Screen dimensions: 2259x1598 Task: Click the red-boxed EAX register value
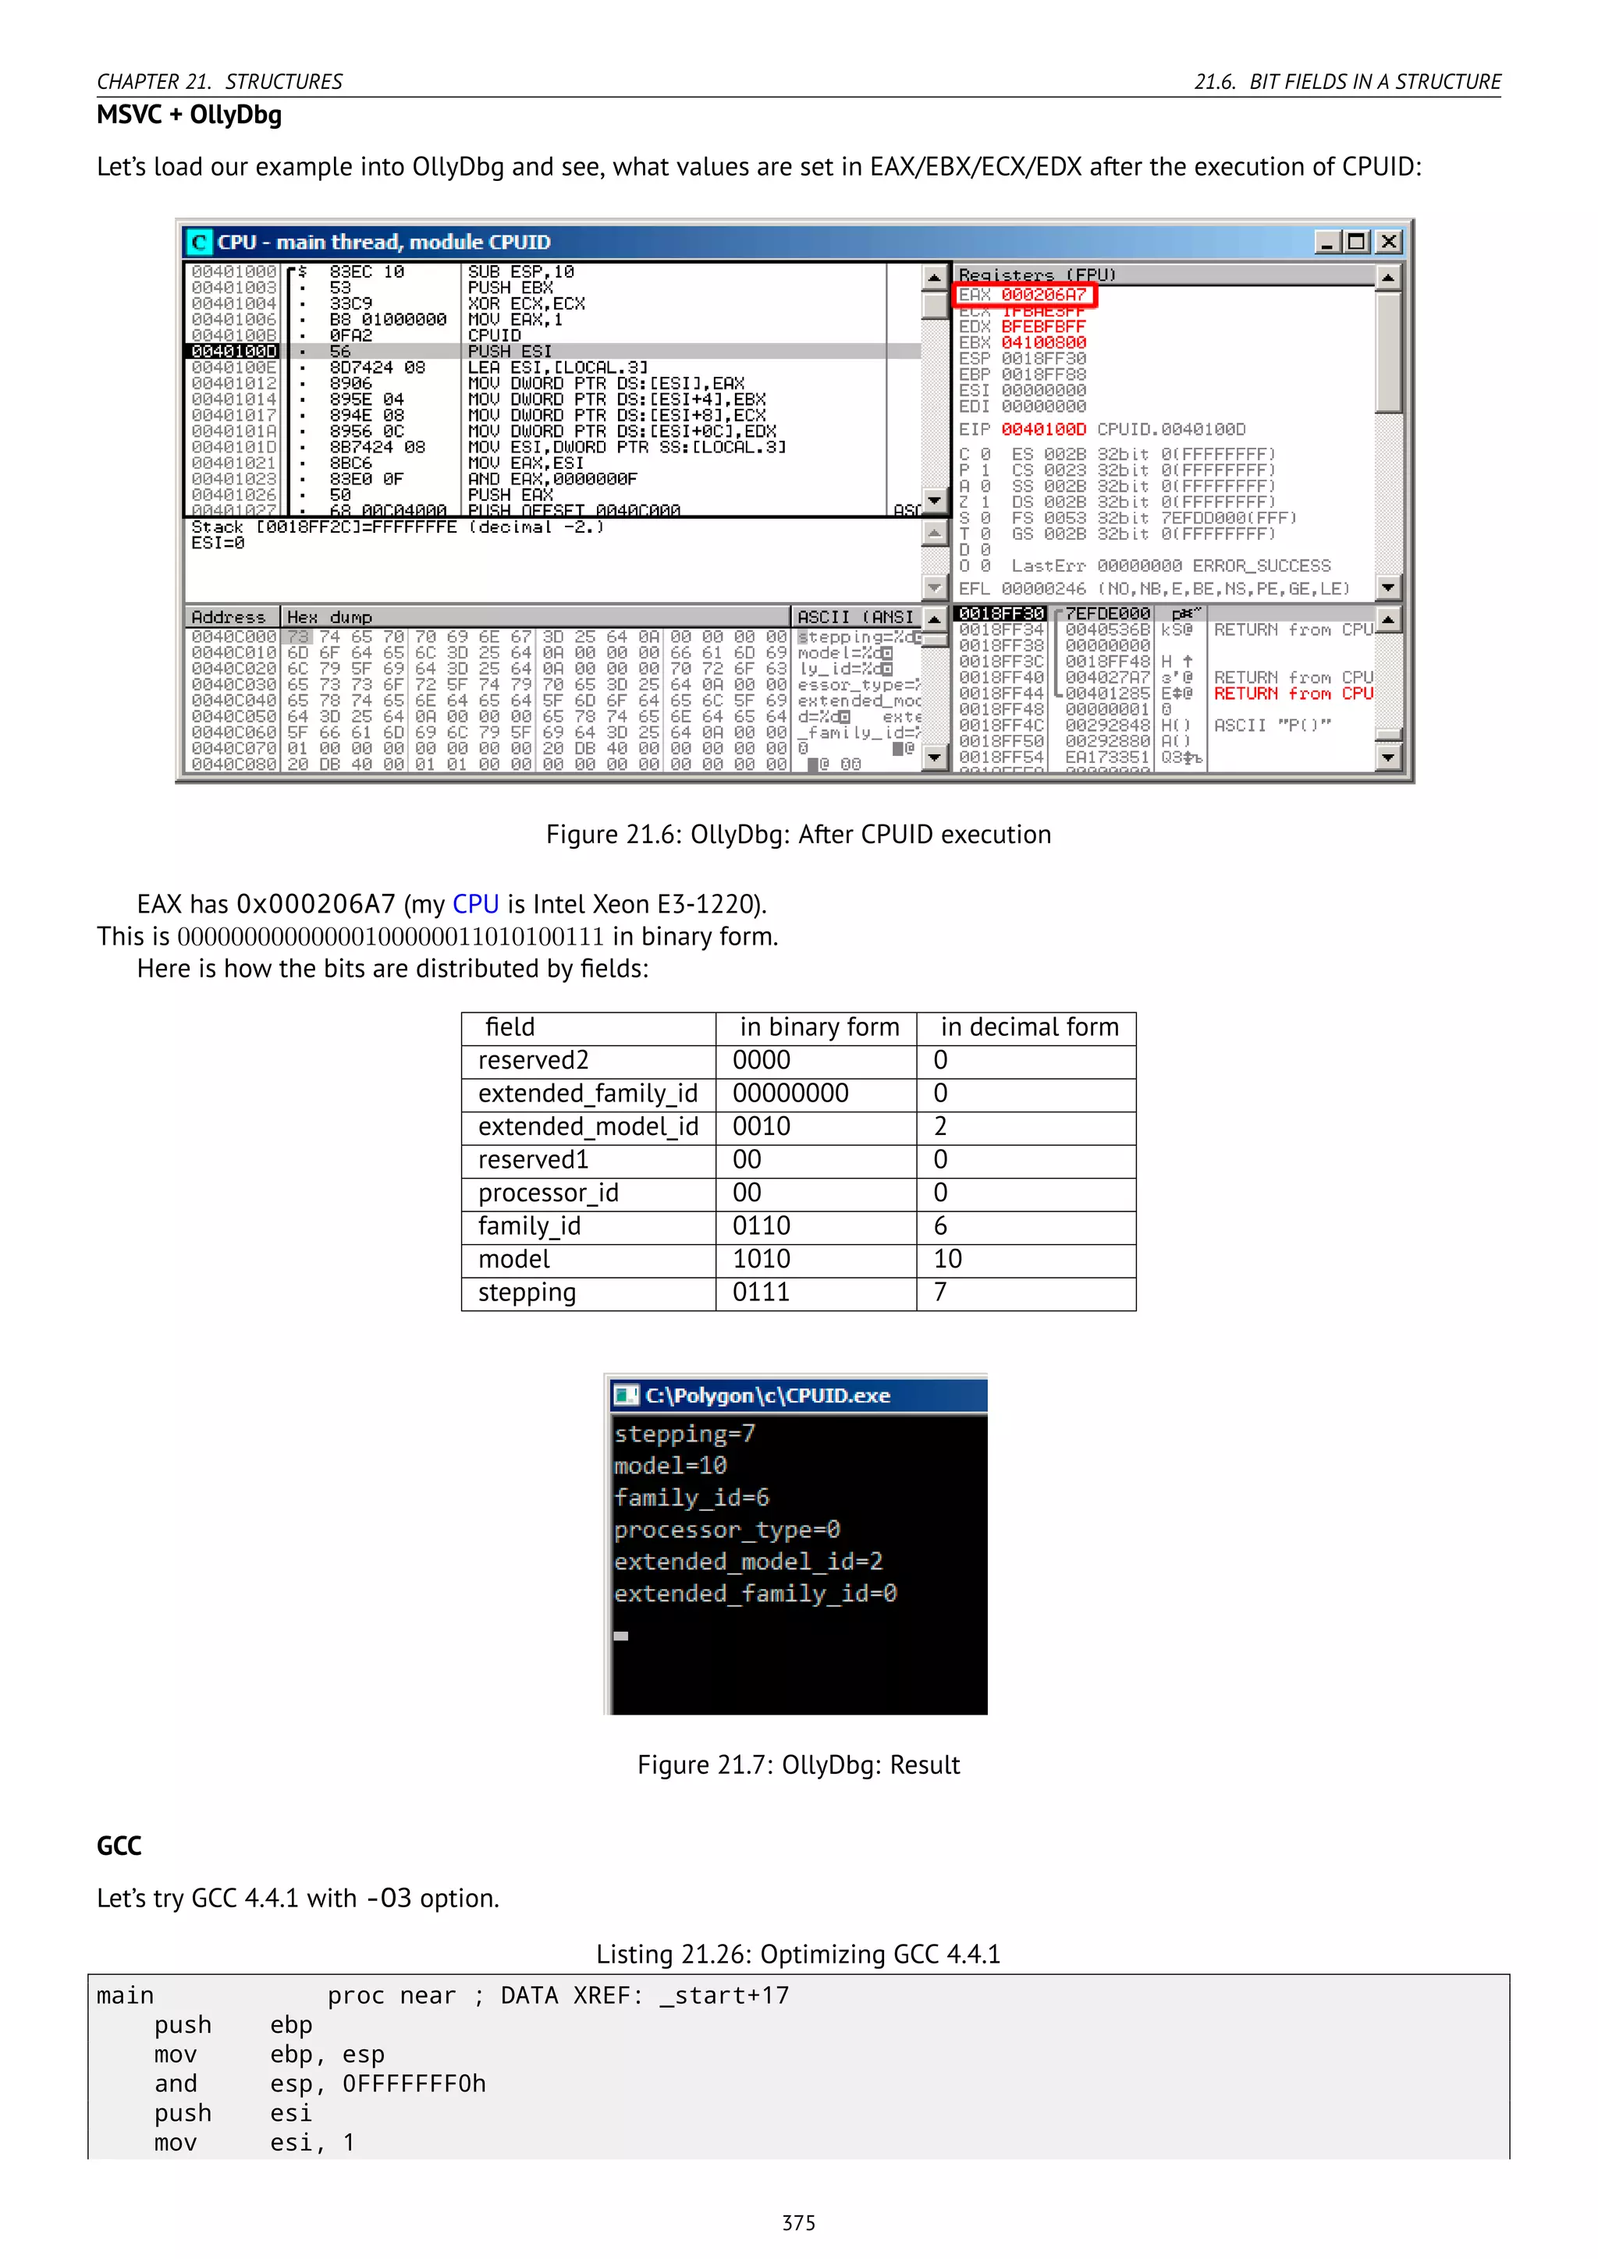coord(1043,294)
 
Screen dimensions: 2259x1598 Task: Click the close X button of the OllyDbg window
coord(1388,242)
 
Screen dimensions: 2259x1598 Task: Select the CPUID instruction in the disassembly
coord(494,335)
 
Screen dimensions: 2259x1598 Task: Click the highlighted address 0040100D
coord(234,351)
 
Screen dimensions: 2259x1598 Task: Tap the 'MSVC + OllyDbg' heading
coord(189,115)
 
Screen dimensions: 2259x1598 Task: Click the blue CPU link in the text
coord(475,904)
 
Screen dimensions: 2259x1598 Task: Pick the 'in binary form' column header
coord(819,1027)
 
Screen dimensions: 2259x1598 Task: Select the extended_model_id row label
coord(588,1126)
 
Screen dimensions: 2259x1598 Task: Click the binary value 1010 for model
coord(761,1259)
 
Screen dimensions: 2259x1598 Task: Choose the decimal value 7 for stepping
coord(941,1292)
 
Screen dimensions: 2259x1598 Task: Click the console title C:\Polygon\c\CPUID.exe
coord(768,1395)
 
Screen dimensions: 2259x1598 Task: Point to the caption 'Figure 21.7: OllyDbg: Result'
coord(798,1765)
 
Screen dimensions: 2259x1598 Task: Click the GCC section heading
coord(119,1846)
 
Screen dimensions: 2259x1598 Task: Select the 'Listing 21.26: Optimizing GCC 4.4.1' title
coord(798,1954)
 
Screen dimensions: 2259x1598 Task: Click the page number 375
coord(798,2222)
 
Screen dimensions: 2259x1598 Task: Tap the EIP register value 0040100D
coord(1043,429)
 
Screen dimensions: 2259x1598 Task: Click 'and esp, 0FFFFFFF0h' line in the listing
coord(320,2083)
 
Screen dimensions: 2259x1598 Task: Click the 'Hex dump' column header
coord(329,617)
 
